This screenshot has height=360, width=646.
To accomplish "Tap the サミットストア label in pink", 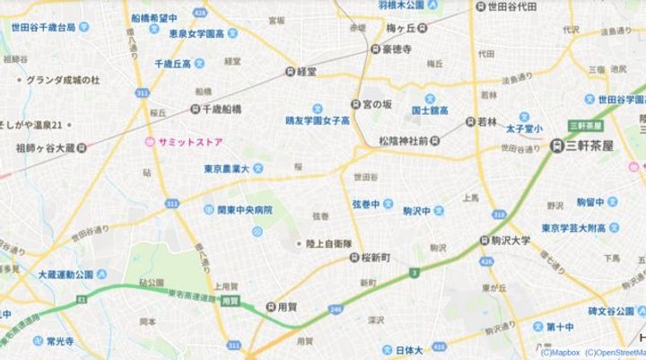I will click(x=185, y=143).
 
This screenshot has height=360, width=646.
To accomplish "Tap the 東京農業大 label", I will click(x=230, y=166).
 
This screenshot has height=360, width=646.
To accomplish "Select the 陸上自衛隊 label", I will click(x=331, y=242).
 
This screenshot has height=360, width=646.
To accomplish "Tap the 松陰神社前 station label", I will click(x=408, y=141).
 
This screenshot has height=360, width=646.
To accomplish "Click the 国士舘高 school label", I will click(x=431, y=110).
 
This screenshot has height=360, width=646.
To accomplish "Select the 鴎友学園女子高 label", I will click(x=318, y=119).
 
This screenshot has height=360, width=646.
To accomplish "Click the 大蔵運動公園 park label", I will click(x=67, y=273).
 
